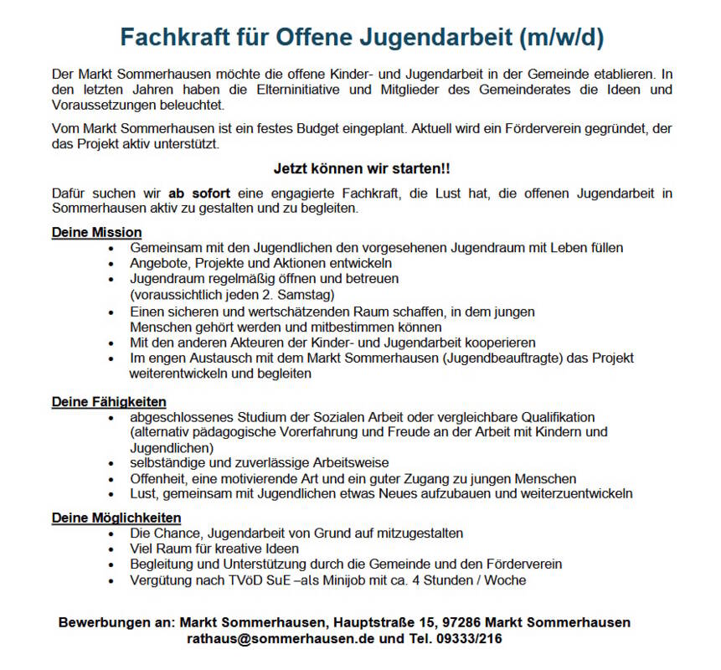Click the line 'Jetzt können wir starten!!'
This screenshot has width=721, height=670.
pos(361,168)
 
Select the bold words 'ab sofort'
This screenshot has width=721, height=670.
pos(199,193)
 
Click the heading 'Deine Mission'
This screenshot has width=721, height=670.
pos(96,232)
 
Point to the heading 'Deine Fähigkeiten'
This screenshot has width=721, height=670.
pos(109,402)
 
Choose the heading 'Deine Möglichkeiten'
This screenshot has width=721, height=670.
pos(116,518)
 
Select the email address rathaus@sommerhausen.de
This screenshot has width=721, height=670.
pos(281,639)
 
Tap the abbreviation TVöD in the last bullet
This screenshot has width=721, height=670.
pos(237,580)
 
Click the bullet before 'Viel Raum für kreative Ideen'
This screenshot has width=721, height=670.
pos(111,549)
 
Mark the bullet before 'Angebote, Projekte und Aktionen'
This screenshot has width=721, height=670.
pos(111,263)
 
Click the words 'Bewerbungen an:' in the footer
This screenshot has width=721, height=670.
pos(116,623)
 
